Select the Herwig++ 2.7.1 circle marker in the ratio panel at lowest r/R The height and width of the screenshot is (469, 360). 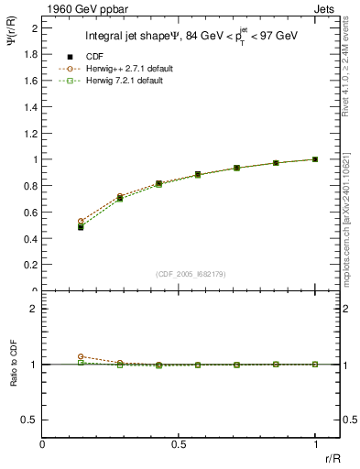[x=81, y=356]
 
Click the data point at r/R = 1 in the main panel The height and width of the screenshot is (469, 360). [x=315, y=159]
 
